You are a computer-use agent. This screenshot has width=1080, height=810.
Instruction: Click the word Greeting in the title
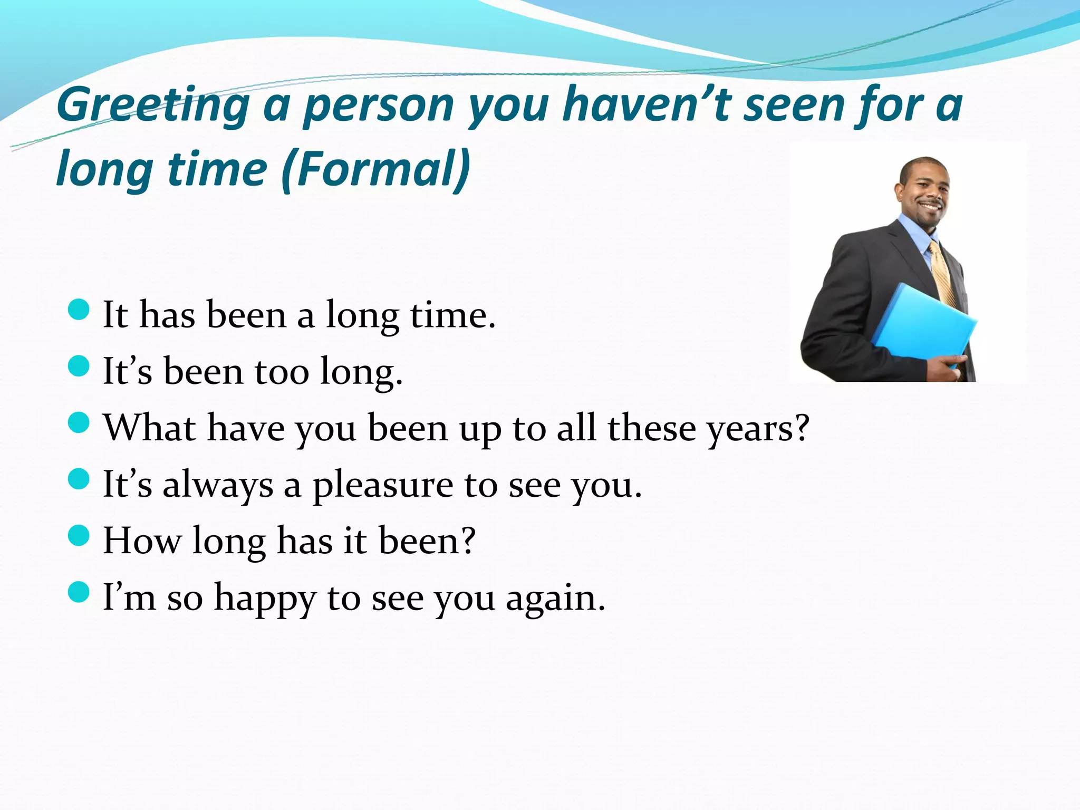(x=153, y=105)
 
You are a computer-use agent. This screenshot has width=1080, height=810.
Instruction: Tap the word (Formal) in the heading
(x=375, y=169)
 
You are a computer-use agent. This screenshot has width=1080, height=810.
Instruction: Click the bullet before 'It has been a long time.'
(x=79, y=309)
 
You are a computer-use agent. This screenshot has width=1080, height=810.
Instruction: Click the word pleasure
(x=383, y=485)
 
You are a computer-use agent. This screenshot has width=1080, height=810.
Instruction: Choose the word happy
(x=265, y=599)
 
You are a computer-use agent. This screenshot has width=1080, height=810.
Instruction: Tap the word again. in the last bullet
(x=555, y=599)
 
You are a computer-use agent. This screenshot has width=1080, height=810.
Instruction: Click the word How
(x=141, y=541)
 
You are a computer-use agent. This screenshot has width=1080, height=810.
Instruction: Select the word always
(x=218, y=485)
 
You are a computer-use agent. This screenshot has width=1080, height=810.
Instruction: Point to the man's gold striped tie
(x=944, y=274)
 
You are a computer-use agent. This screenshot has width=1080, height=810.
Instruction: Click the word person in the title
(x=379, y=105)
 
